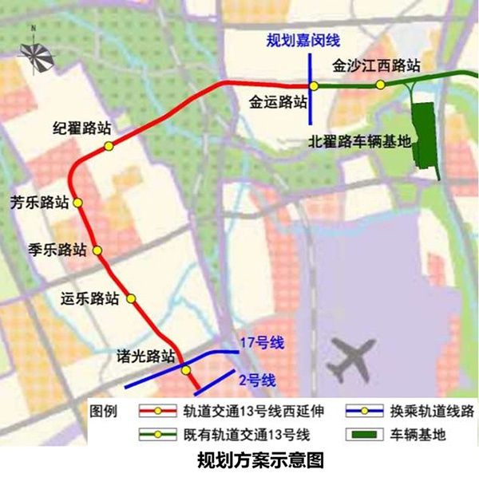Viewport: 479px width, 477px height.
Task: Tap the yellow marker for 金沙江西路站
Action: tap(382, 85)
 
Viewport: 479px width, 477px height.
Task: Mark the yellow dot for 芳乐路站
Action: tap(78, 203)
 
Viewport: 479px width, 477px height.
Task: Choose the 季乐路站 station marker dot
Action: tap(97, 251)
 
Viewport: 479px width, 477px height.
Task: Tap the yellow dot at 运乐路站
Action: tap(133, 300)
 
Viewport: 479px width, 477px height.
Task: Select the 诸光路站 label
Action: tap(146, 357)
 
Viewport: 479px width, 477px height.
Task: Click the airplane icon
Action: tap(353, 359)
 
